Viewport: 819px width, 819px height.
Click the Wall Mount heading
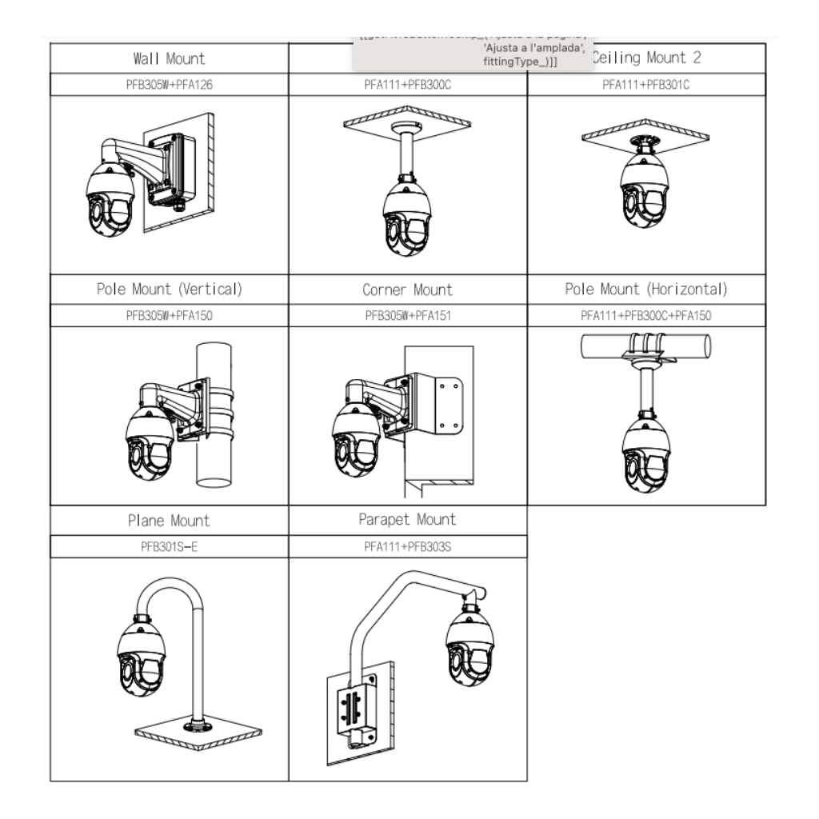169,58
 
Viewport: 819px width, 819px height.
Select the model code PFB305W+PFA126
169,85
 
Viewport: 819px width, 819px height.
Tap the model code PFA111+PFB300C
408,85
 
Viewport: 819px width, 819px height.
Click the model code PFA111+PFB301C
646,85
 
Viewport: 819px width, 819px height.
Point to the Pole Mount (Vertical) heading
169,289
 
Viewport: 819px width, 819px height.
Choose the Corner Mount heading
408,290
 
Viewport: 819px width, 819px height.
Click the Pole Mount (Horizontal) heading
646,289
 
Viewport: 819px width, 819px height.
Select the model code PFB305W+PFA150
169,315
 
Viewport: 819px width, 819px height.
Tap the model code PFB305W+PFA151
408,315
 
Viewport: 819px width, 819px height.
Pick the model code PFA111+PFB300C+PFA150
646,315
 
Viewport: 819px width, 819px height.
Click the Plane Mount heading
169,520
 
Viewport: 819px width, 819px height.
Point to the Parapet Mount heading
408,519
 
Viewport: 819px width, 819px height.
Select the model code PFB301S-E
169,546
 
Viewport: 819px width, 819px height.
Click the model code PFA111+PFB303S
408,546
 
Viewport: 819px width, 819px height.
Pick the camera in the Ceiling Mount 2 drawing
645,189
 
